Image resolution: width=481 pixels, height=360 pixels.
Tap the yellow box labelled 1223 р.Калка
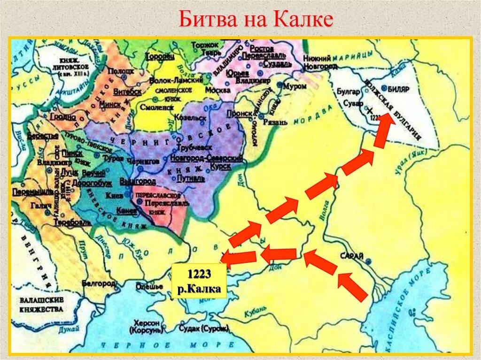(199, 281)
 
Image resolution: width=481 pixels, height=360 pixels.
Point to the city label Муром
(296, 86)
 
